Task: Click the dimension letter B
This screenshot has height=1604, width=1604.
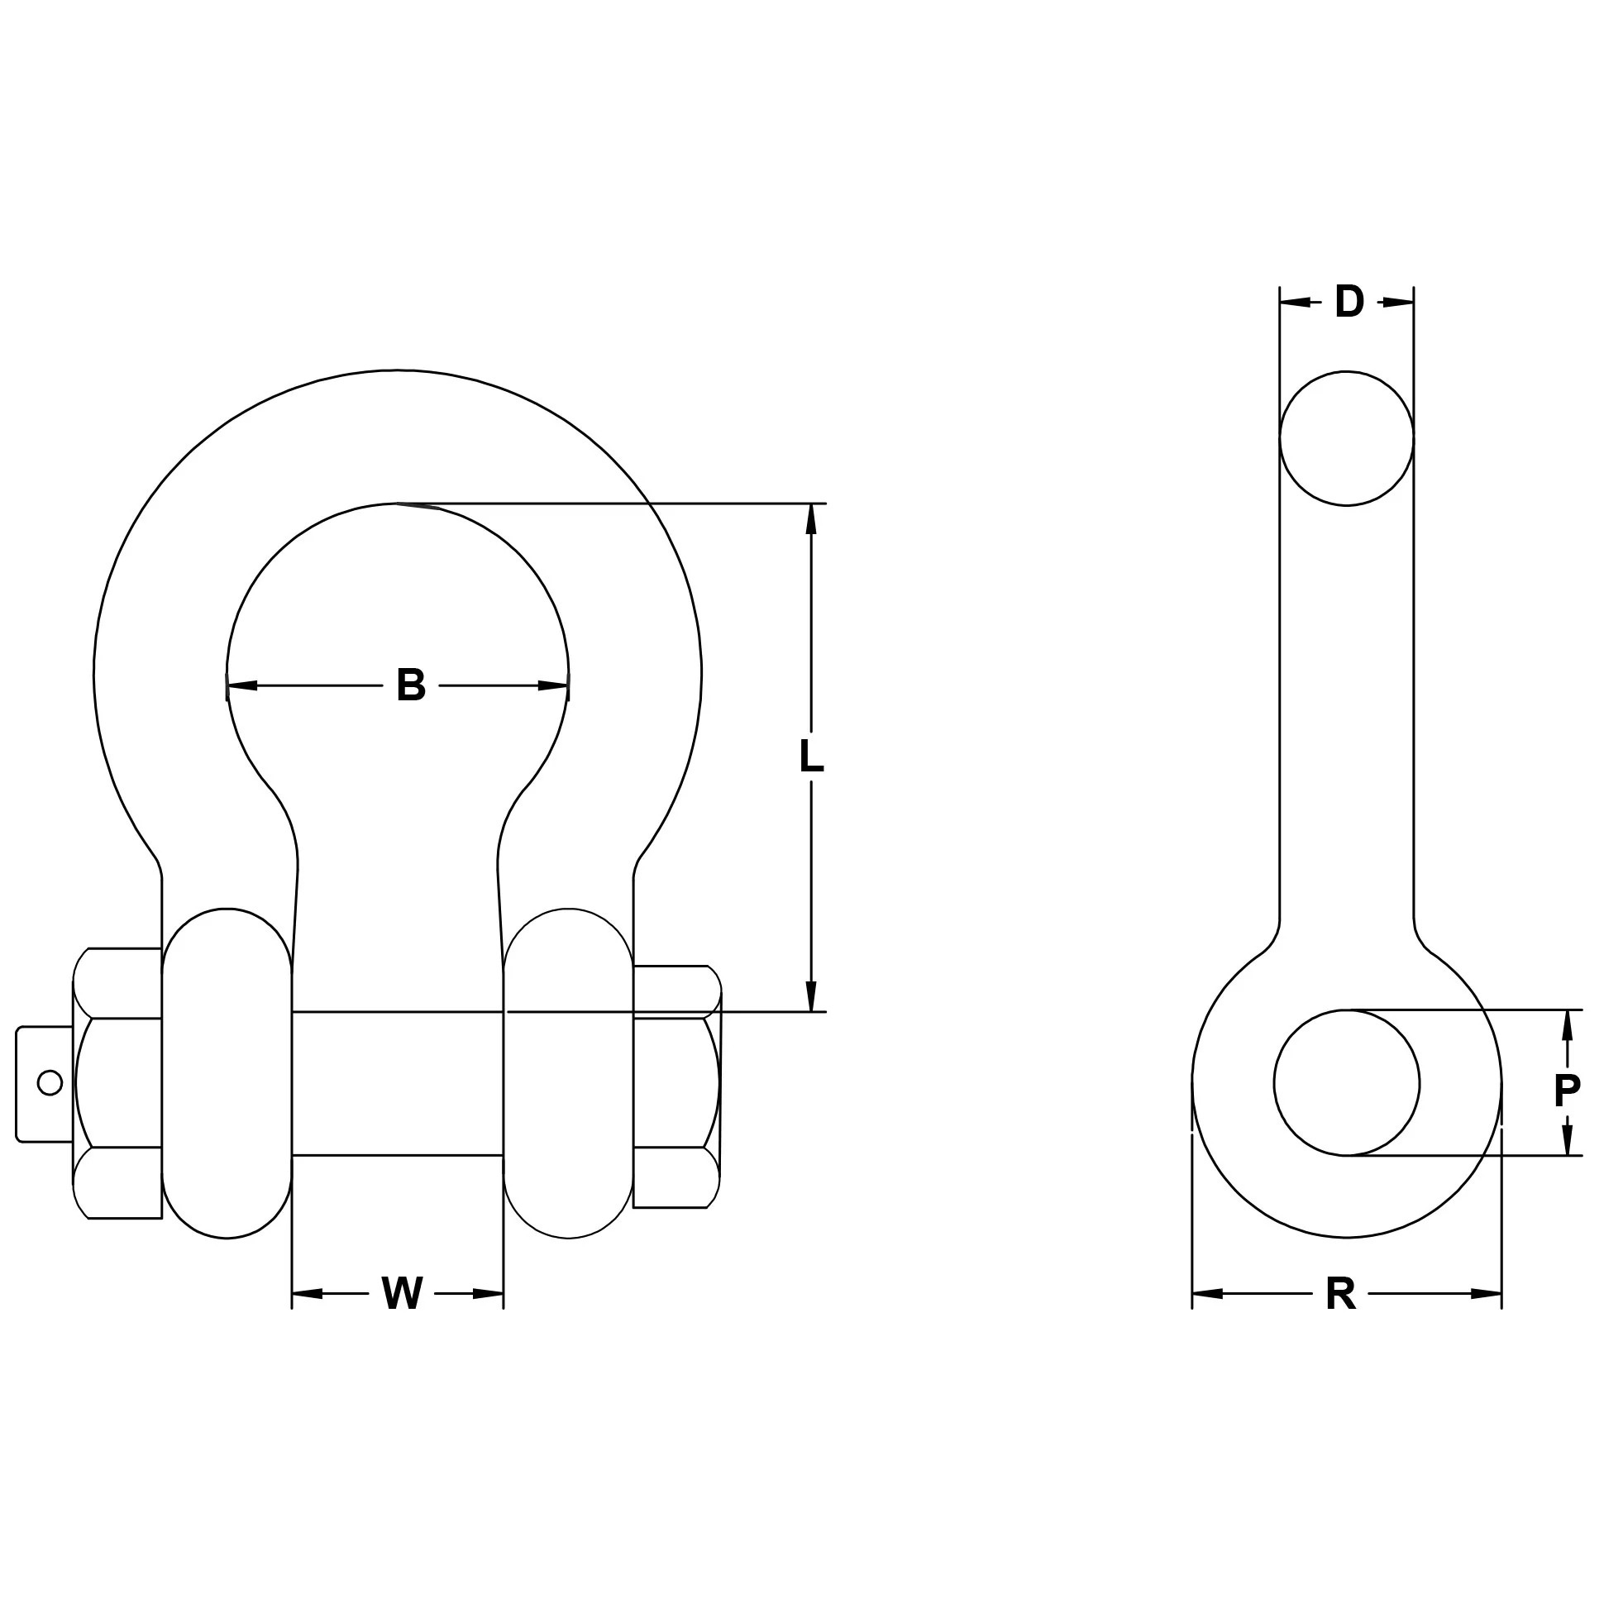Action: tap(411, 685)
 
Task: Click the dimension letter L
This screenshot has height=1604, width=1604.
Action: tap(811, 757)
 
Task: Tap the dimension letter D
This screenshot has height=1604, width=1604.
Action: tap(1349, 303)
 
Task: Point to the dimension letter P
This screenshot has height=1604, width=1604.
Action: tap(1567, 1091)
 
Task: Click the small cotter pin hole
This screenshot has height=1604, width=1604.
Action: tap(50, 1082)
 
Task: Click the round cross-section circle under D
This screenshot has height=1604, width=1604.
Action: tap(1346, 438)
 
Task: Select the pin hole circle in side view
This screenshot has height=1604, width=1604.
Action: tap(1346, 1082)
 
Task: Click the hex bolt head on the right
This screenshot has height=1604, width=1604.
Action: tap(675, 1086)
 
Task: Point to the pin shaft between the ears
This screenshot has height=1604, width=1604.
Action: tap(398, 1082)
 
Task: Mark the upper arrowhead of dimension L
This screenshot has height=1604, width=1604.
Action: tap(811, 518)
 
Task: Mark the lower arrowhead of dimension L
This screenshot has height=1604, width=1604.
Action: tap(811, 996)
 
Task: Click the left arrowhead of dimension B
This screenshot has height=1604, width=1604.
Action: tap(241, 685)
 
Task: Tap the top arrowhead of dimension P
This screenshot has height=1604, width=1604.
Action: tap(1567, 1025)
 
